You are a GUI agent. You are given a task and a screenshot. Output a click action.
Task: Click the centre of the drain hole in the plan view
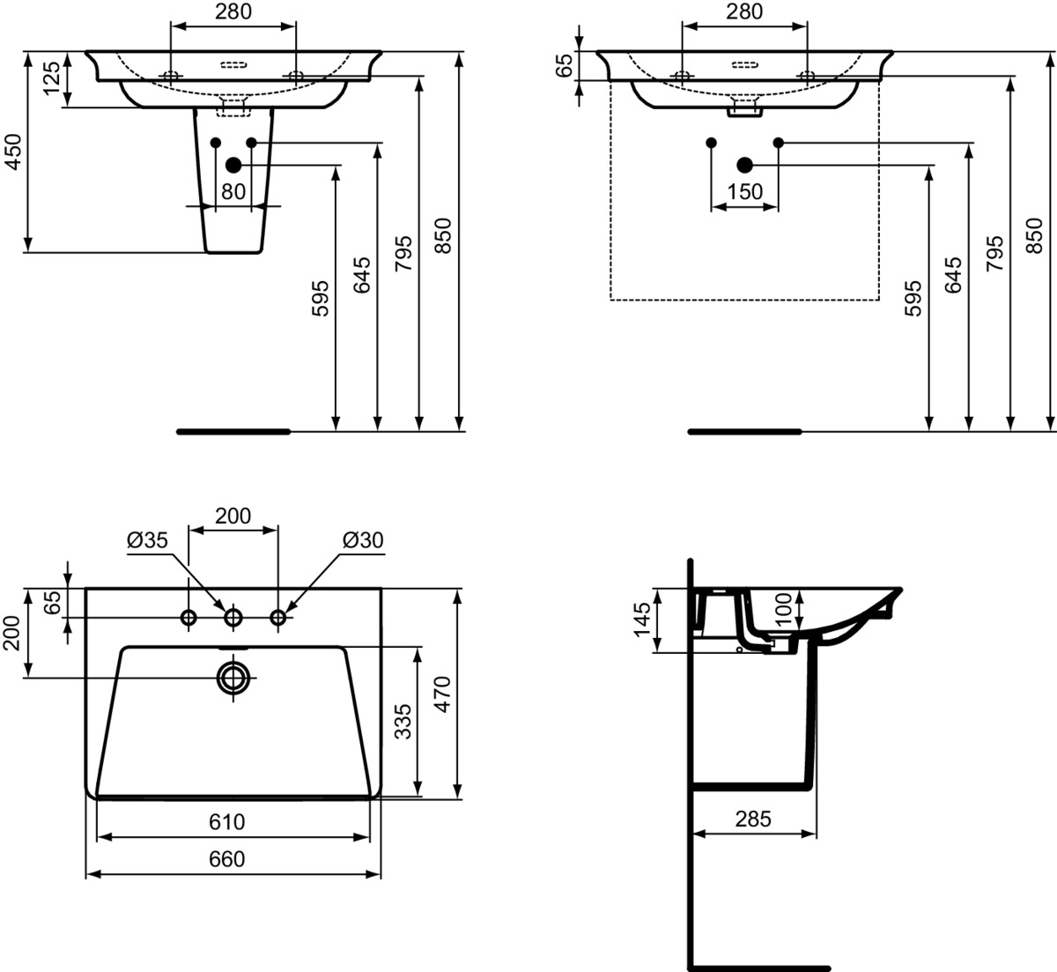(233, 678)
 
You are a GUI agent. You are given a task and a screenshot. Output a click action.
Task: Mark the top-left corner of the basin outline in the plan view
(86, 588)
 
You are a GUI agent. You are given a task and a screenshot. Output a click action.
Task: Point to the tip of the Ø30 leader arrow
(285, 612)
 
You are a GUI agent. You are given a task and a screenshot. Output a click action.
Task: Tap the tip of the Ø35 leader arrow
(226, 611)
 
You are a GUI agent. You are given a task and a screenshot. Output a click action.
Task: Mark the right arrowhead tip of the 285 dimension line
(817, 834)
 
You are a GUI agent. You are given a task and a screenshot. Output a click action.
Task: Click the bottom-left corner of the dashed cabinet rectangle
(610, 301)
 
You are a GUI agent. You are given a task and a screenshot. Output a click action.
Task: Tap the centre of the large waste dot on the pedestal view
(233, 166)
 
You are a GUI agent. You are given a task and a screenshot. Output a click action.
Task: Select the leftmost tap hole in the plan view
(188, 617)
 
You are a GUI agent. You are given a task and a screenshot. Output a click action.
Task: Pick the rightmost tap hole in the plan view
(278, 617)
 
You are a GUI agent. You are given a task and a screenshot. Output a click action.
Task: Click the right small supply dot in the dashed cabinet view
(779, 143)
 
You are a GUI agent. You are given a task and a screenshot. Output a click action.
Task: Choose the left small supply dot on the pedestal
(216, 143)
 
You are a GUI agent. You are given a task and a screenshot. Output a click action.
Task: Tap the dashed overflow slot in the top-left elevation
(233, 65)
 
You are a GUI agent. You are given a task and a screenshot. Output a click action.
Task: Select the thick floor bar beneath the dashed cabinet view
(744, 432)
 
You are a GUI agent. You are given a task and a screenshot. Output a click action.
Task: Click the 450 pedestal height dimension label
(13, 152)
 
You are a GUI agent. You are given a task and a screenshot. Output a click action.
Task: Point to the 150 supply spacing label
(744, 191)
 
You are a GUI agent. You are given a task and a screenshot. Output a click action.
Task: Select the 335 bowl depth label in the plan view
(403, 722)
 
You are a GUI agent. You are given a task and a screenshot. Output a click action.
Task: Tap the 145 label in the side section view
(642, 620)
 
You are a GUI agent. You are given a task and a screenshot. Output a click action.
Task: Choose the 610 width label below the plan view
(227, 821)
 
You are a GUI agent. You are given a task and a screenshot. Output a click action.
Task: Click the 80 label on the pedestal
(233, 191)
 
